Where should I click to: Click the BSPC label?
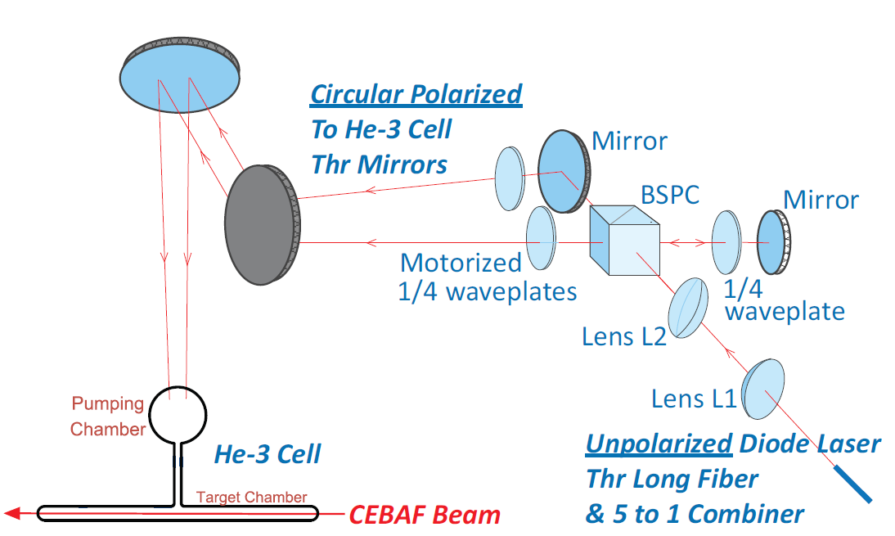(x=669, y=196)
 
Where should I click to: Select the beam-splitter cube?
(x=624, y=241)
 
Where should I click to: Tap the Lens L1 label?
(x=694, y=399)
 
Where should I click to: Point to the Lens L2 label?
(x=624, y=337)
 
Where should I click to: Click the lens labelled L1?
(x=763, y=389)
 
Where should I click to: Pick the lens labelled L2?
(x=688, y=308)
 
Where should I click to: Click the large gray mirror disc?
(x=262, y=225)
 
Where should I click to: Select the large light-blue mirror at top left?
(x=180, y=74)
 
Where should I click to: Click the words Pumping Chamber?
(x=107, y=417)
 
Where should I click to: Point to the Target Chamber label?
(x=252, y=498)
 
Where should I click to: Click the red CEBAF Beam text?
(x=425, y=515)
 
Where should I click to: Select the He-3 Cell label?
(x=268, y=454)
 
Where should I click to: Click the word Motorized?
(x=461, y=263)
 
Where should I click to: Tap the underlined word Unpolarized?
(x=659, y=444)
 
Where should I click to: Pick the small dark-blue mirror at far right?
(x=773, y=242)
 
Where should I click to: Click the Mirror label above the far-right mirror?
(x=821, y=200)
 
